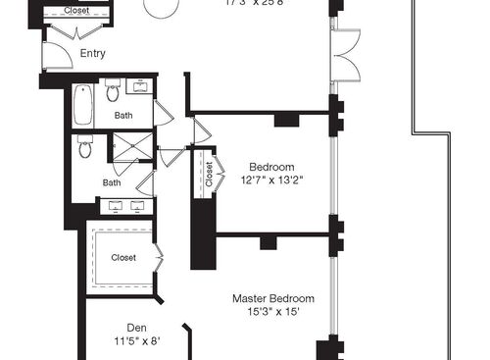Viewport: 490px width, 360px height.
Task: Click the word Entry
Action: [93, 54]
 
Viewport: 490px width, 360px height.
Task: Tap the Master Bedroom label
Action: [272, 298]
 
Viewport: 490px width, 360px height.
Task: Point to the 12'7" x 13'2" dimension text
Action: [272, 180]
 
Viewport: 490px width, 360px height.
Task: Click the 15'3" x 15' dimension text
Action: [272, 312]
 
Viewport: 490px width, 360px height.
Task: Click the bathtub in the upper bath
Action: [83, 105]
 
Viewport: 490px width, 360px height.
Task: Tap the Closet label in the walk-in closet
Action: [123, 258]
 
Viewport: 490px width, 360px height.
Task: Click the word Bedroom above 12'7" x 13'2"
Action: [272, 166]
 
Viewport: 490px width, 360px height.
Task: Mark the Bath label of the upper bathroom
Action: [123, 116]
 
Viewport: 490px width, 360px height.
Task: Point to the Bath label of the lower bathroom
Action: [113, 181]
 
